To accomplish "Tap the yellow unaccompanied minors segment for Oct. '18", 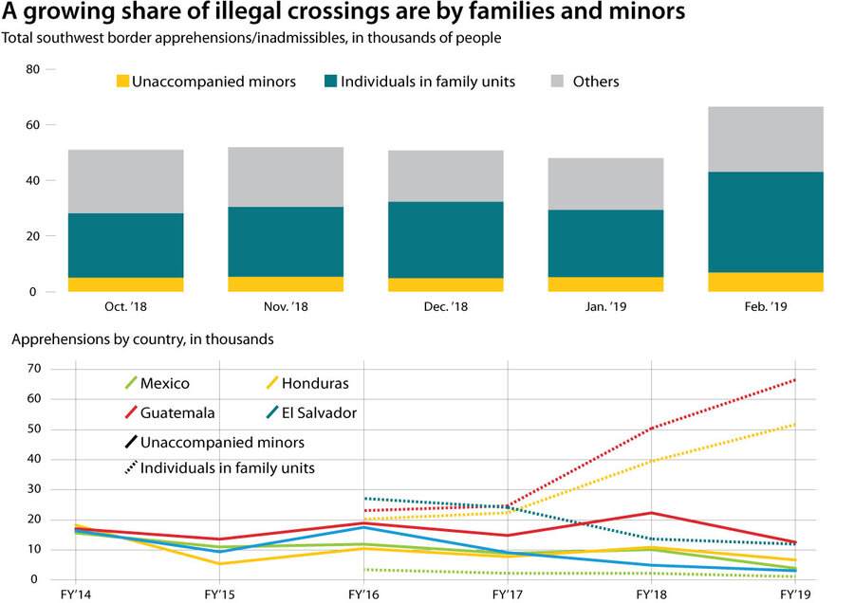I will pos(125,284).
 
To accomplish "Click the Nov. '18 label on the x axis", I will pos(286,307).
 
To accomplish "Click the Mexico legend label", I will pos(164,384).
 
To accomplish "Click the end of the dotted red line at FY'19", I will pos(794,380).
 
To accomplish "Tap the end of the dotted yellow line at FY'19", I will pos(794,425).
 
